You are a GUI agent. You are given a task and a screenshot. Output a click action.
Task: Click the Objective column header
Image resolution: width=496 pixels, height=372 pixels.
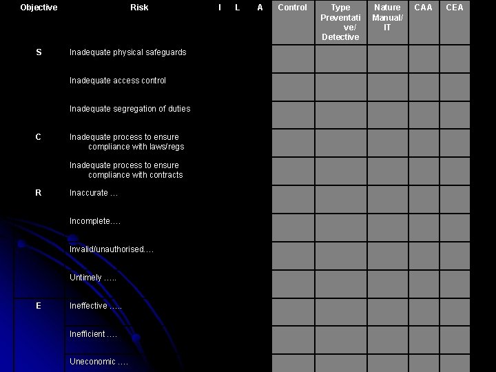(x=39, y=8)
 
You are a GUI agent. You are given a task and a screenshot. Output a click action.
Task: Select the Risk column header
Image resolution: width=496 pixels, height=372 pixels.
(x=139, y=8)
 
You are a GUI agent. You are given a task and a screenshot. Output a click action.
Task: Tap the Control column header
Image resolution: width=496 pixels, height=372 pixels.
(x=292, y=8)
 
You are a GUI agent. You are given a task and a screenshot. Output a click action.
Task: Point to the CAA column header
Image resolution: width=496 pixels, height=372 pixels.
(x=423, y=8)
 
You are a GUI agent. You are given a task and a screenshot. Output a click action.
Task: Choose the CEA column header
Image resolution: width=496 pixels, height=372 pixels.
(x=455, y=8)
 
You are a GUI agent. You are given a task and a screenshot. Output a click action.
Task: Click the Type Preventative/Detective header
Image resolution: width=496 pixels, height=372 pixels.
(x=340, y=22)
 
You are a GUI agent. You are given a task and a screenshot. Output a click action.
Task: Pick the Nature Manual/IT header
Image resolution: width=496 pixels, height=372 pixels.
(x=387, y=17)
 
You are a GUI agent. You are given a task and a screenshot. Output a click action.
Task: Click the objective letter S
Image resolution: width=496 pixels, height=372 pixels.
(x=38, y=52)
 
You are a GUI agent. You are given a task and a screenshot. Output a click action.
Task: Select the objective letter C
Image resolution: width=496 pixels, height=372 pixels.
(x=38, y=137)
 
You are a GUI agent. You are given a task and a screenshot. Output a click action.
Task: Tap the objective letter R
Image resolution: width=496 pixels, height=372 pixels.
(x=38, y=193)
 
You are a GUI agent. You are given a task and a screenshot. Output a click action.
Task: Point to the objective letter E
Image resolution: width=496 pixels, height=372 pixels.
(x=38, y=306)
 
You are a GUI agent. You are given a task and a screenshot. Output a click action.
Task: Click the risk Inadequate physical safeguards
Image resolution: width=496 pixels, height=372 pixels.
(x=127, y=52)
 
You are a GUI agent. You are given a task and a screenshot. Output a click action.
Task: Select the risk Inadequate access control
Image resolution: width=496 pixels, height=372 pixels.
(x=118, y=81)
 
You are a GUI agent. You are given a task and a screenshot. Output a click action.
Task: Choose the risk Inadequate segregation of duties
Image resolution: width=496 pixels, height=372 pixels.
(x=130, y=109)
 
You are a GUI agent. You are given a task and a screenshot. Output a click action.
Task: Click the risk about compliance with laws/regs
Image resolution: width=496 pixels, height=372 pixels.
(x=127, y=142)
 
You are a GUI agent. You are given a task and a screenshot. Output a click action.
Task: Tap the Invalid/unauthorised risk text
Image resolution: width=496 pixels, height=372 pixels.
(x=111, y=249)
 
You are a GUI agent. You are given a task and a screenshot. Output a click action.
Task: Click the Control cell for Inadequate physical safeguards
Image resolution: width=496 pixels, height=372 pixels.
(x=292, y=59)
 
